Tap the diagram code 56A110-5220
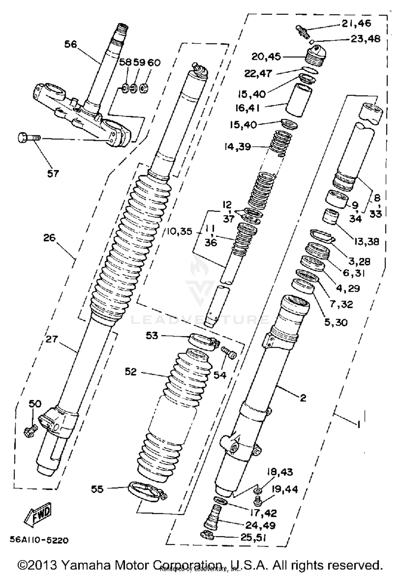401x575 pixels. [x=39, y=540]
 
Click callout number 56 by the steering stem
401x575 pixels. [x=71, y=44]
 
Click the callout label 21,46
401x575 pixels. [x=356, y=24]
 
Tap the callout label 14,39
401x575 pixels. [x=238, y=147]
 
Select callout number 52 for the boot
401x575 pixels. [x=131, y=371]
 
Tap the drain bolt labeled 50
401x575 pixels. [x=30, y=431]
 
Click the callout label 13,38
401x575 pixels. [x=367, y=242]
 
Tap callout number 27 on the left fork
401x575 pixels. [x=52, y=339]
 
